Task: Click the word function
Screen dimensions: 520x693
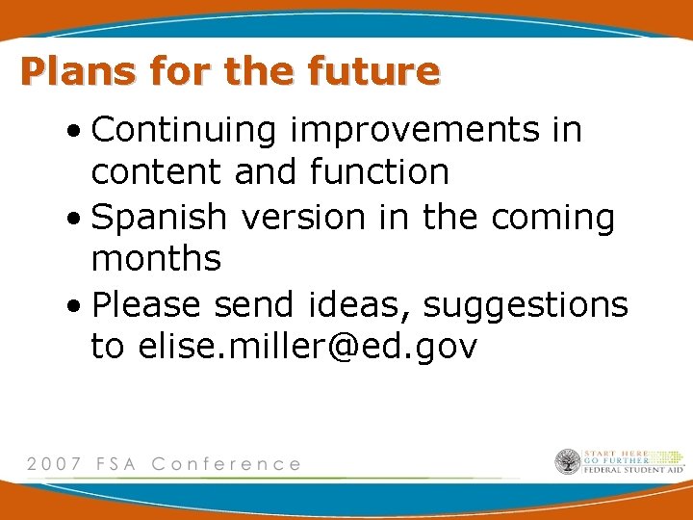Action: coord(379,171)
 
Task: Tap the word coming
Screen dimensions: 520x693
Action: coord(552,218)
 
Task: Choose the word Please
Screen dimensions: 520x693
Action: coord(147,304)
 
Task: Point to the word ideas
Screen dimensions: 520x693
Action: coord(361,304)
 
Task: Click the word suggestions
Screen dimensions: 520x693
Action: coord(526,306)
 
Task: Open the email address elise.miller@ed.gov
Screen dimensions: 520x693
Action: coord(308,347)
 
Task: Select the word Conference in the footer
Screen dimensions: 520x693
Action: coord(226,463)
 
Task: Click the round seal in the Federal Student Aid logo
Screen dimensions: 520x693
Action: coord(567,461)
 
